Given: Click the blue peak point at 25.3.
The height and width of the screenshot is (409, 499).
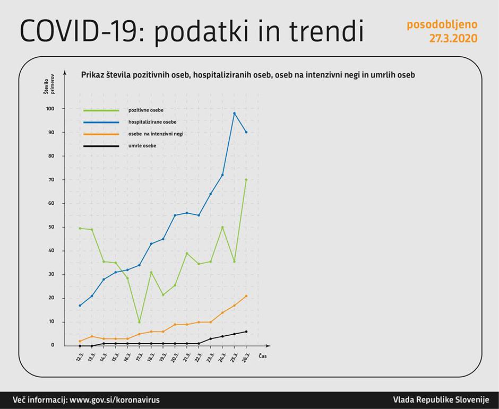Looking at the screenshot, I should point(234,113).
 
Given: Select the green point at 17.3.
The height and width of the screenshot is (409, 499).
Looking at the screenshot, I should point(139,322).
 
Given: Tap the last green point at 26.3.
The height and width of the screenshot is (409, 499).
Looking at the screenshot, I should point(246,180).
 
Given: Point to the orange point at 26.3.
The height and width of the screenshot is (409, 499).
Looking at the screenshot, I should point(246,296).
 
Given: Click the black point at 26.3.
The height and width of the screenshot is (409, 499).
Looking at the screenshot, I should point(246,332).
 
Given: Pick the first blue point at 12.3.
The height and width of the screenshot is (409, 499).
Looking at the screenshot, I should point(80,306).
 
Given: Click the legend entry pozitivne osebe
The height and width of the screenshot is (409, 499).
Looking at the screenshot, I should point(146,110).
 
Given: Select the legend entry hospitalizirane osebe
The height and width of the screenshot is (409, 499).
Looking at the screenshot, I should point(152,122).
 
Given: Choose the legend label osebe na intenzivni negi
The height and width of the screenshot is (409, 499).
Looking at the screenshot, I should point(156,134).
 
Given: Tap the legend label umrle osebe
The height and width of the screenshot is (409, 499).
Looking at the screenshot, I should point(142,145).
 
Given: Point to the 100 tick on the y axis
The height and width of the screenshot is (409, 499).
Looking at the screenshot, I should point(50,109).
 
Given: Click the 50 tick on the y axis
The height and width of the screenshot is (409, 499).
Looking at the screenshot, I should point(51,227).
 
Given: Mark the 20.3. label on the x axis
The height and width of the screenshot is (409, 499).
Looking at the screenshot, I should point(175,357).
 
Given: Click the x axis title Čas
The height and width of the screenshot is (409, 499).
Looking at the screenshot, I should point(263,356).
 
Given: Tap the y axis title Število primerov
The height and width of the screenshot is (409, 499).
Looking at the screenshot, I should point(49,86).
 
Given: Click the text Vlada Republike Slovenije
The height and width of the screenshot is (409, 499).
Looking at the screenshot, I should point(441,400).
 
